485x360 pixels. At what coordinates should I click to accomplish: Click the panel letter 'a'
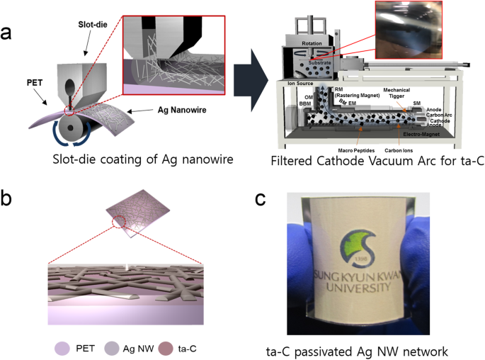pyautogui.click(x=8, y=33)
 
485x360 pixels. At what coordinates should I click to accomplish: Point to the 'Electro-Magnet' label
pyautogui.click(x=423, y=133)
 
